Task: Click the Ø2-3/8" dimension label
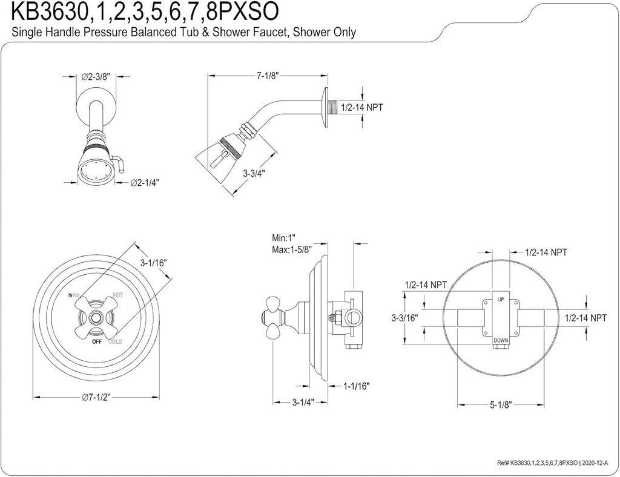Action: [x=96, y=77]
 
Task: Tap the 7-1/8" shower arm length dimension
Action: [x=266, y=76]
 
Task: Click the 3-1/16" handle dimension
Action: [x=153, y=263]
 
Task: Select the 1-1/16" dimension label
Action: [x=355, y=385]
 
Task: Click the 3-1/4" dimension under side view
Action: [x=302, y=401]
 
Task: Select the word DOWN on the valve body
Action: [x=500, y=341]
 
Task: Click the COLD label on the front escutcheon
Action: [x=115, y=342]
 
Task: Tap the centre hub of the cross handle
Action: [x=96, y=317]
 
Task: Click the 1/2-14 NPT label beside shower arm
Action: [x=362, y=107]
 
